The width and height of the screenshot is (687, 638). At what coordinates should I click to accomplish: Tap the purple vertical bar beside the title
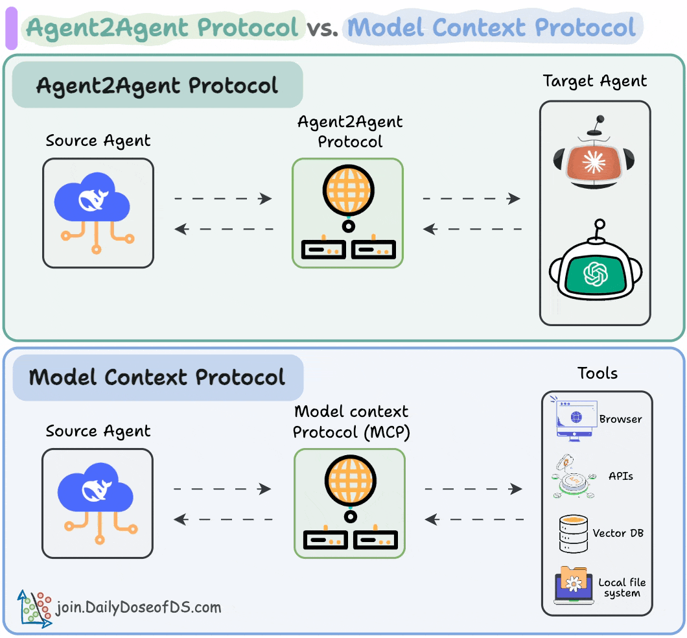[x=11, y=28]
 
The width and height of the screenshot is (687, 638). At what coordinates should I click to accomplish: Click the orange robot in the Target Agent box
[x=594, y=156]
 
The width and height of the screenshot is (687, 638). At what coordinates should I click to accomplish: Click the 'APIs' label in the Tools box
[x=621, y=476]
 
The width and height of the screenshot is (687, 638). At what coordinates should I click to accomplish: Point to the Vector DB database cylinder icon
[x=573, y=534]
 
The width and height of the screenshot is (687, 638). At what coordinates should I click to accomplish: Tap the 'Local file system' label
[x=622, y=587]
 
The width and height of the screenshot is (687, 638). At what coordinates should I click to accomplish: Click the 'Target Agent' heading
[x=595, y=82]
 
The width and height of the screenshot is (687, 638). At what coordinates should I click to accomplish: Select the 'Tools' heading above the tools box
[x=597, y=373]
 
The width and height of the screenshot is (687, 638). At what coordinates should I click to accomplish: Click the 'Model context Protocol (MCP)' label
[x=351, y=421]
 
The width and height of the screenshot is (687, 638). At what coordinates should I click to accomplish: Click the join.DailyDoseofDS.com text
[x=139, y=608]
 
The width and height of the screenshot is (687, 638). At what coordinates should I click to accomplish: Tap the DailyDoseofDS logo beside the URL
[x=34, y=608]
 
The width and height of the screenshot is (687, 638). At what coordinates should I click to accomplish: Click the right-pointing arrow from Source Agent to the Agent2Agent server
[x=224, y=199]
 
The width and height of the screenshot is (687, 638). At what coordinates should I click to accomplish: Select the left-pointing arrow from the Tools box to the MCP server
[x=474, y=519]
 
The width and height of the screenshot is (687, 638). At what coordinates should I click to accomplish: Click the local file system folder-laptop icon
[x=573, y=585]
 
